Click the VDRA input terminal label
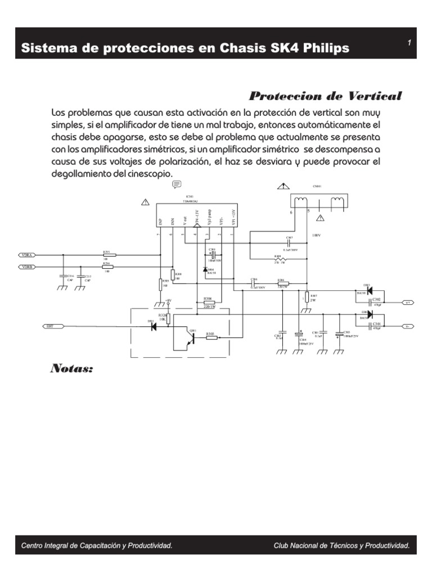point(27,255)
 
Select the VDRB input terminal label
point(27,268)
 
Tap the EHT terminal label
point(50,326)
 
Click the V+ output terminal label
point(408,302)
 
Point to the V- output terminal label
point(408,326)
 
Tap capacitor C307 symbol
point(289,244)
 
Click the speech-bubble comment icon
point(176,184)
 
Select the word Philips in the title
point(326,48)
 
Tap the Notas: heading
point(71,369)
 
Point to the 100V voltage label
point(316,235)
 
